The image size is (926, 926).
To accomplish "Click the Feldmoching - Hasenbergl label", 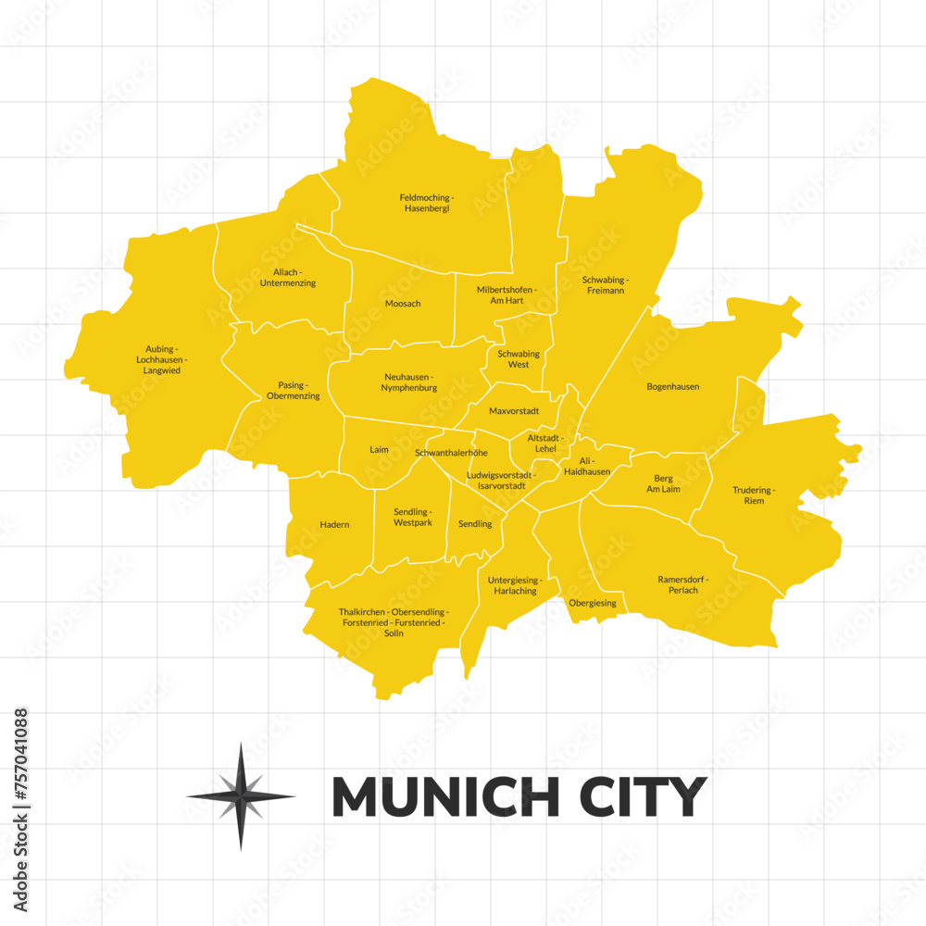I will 426,203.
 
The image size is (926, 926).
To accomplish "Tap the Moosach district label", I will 403,304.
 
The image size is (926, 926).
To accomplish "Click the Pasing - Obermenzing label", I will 293,390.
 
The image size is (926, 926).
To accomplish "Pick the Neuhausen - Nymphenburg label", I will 408,382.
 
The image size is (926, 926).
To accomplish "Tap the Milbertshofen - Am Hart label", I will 507,295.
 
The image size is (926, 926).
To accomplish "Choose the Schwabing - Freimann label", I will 606,284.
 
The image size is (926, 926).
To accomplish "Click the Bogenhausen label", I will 672,386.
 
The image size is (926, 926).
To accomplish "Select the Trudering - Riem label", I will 754,495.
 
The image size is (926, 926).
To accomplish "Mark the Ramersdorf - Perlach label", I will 683,584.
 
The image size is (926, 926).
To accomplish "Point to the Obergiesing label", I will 593,603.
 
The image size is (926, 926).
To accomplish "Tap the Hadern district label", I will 334,525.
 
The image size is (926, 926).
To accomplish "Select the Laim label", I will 379,450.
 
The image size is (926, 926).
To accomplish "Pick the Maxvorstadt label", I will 513,410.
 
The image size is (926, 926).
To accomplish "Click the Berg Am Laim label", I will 663,483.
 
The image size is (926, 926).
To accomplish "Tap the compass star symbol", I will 241,796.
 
